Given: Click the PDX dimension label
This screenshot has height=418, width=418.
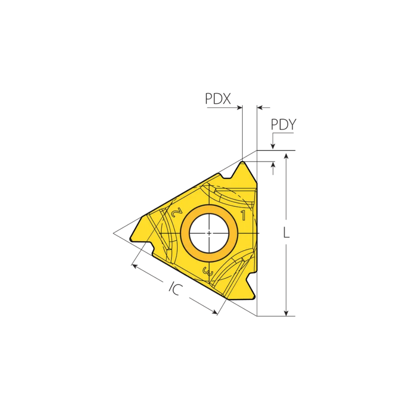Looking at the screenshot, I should coord(218,99).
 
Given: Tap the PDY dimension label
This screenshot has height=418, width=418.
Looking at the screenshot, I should coord(283,125).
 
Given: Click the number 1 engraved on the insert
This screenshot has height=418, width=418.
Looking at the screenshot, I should coord(243,216).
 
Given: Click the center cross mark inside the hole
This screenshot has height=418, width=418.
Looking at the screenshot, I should coord(209,233).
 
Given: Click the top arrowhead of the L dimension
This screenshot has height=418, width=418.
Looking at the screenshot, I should coord(286,155).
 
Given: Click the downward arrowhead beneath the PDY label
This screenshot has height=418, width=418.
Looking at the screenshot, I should coord(273,146).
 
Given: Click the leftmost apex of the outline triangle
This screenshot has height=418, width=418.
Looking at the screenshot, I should coord(113,233).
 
